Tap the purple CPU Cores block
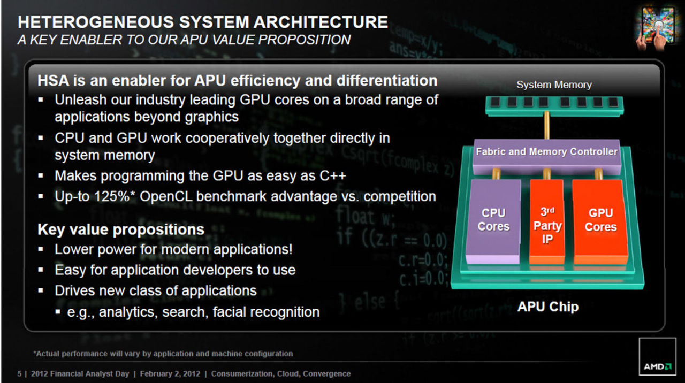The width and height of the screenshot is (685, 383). coord(493,220)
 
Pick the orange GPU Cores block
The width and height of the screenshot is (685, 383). coord(600,220)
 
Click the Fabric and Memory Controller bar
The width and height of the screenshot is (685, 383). coord(546,152)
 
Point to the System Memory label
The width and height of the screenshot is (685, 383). coord(554,85)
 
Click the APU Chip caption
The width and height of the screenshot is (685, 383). coord(548,307)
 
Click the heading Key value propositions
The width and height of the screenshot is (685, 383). coord(121,229)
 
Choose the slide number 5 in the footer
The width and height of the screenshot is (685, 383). coord(20,374)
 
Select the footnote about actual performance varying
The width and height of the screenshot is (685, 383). coord(163,354)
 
